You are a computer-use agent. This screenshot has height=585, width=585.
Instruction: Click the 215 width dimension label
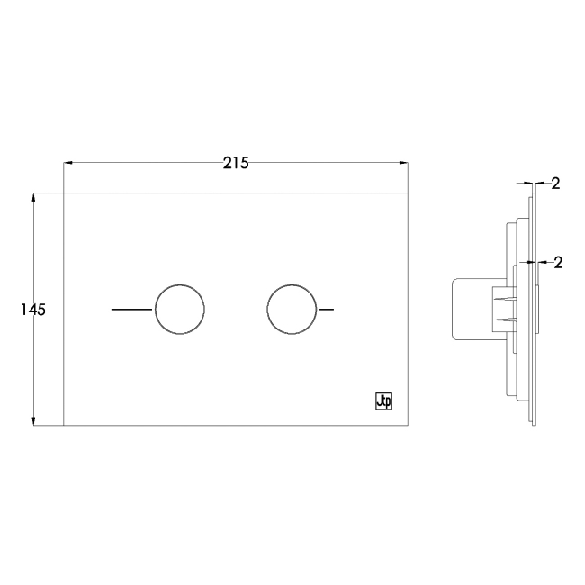(x=236, y=163)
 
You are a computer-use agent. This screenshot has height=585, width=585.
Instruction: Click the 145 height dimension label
(x=32, y=309)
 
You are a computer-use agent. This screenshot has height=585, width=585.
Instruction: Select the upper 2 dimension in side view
(x=555, y=184)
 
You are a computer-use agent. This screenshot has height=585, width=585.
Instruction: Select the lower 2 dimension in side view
(x=557, y=263)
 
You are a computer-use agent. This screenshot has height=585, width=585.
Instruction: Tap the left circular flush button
(x=180, y=309)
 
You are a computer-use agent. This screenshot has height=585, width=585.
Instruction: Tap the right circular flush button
(x=292, y=309)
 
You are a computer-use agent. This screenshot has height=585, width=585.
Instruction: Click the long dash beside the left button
(x=131, y=309)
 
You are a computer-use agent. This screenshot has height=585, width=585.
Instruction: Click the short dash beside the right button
(x=328, y=309)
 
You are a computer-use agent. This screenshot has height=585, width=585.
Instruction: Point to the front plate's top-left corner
(x=64, y=193)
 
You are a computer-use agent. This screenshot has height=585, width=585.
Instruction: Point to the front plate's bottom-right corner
(x=408, y=425)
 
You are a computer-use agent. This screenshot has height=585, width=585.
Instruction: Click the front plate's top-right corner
(x=408, y=193)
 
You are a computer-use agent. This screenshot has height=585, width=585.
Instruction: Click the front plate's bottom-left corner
(x=64, y=425)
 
